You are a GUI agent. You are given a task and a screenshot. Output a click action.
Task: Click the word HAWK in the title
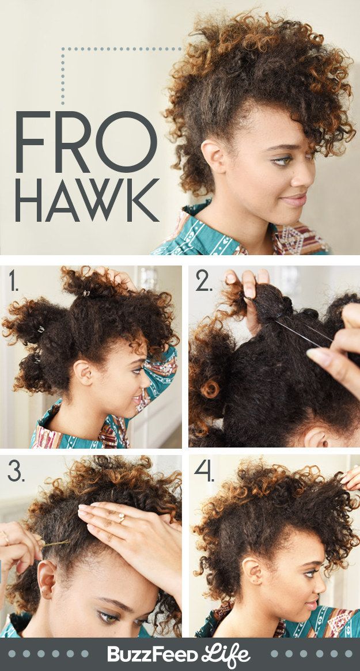[87, 200]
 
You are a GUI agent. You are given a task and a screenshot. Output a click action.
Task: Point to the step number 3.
[16, 472]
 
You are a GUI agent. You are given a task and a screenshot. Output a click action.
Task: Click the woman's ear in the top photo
[213, 156]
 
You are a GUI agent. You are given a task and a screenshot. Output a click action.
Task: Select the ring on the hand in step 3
[122, 518]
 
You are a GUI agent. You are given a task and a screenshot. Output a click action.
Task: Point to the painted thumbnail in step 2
[316, 355]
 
